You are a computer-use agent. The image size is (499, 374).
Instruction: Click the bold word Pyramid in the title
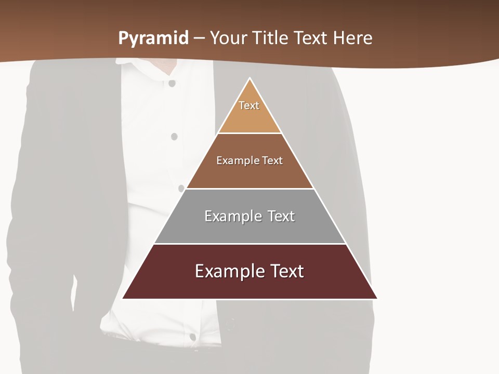[x=153, y=38]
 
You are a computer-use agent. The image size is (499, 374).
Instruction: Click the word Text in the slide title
[x=312, y=38]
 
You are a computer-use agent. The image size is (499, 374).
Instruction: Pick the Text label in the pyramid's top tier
[x=249, y=105]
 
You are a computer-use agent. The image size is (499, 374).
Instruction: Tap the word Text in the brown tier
[x=273, y=161]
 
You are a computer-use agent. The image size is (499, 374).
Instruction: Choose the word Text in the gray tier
[x=281, y=216]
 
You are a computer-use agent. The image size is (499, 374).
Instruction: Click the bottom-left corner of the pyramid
[x=123, y=298]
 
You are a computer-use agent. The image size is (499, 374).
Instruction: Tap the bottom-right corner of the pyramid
[x=377, y=298]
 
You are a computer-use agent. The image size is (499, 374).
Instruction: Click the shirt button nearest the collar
[x=172, y=83]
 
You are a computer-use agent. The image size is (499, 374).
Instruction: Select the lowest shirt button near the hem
[x=192, y=337]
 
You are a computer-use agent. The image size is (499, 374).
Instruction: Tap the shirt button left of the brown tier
[x=174, y=137]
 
